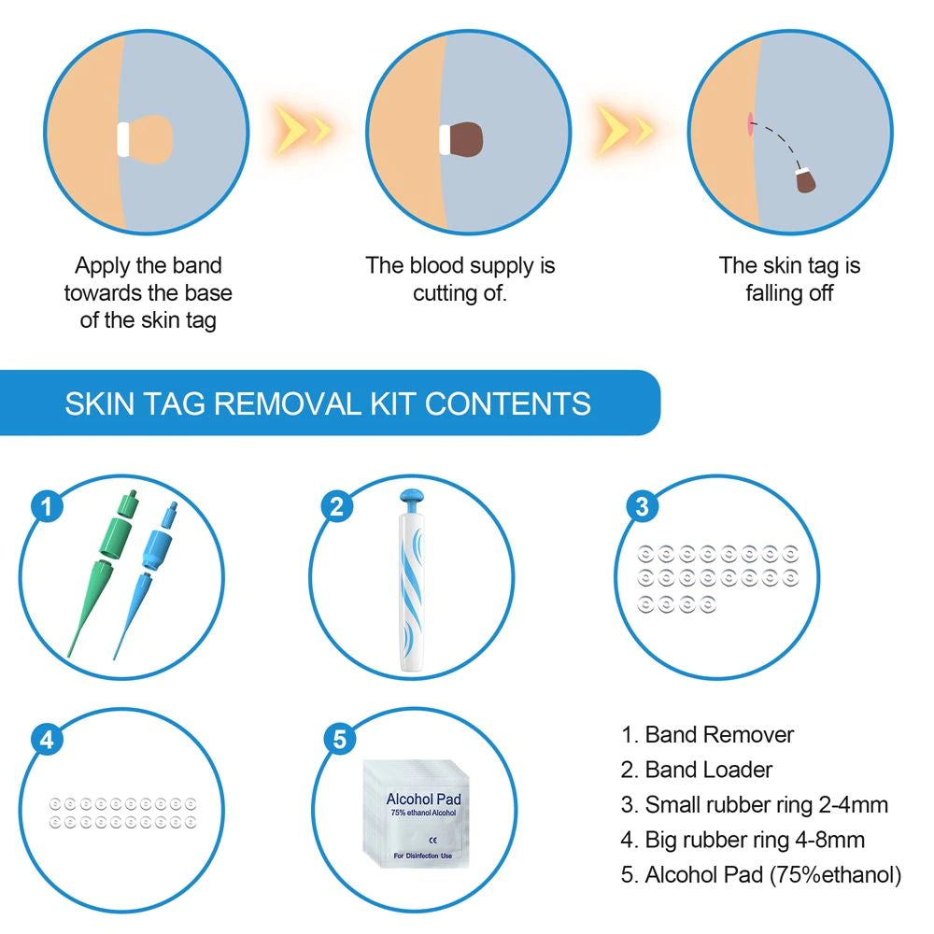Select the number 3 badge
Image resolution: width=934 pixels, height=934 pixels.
tap(641, 506)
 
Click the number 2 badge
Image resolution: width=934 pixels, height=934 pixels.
tap(338, 506)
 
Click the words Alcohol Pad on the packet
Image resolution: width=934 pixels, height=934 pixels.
tap(423, 800)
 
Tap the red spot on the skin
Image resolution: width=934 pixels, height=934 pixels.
tap(749, 122)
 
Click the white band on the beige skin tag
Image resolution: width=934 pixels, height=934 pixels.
tap(122, 138)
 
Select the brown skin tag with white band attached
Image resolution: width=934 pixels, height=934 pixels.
tap(466, 138)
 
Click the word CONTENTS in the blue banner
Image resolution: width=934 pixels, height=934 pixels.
tap(508, 403)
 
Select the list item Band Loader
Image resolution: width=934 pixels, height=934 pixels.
tap(697, 770)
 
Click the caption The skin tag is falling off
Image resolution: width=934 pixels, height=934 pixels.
tap(789, 278)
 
